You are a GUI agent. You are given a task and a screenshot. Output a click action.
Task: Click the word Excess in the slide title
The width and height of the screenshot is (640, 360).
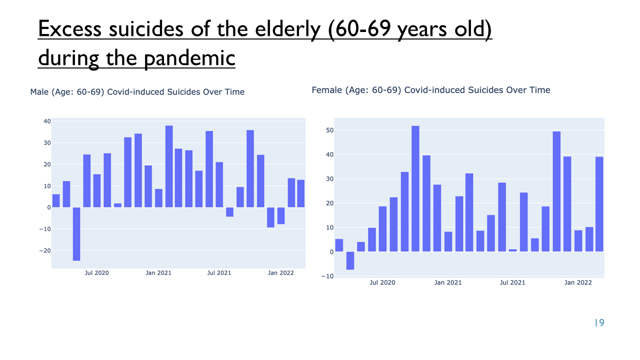pos(69,28)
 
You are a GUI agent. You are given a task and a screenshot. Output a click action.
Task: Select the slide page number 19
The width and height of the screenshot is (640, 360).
pos(599,323)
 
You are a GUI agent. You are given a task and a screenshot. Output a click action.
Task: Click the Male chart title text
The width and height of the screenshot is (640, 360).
pos(137,91)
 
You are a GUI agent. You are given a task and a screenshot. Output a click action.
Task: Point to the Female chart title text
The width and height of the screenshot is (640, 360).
pos(431,90)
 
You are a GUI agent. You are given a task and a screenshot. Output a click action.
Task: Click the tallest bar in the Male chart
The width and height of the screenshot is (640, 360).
pos(169,166)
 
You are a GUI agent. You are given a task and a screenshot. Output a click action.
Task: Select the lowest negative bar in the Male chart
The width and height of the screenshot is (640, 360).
pos(76,234)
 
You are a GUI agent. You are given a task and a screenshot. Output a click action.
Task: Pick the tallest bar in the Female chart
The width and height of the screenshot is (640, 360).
pos(415,188)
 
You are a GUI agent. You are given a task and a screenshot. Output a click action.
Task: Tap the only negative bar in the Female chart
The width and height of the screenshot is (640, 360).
pos(350,260)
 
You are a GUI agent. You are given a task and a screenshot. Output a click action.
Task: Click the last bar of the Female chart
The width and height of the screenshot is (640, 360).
pos(599,204)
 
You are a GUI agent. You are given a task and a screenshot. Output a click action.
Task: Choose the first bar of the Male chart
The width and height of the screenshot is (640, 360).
pos(56,201)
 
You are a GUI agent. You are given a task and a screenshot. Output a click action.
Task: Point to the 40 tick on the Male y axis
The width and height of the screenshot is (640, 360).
pos(47,121)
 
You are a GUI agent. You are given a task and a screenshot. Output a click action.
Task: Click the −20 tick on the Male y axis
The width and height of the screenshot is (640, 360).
pos(45,250)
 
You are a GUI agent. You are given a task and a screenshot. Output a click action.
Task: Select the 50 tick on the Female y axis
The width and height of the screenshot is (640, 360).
pos(329,130)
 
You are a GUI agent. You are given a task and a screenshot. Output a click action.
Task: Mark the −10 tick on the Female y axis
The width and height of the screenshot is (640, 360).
pos(327,276)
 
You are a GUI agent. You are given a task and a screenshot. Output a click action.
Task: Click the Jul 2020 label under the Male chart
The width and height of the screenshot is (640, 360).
pos(96,273)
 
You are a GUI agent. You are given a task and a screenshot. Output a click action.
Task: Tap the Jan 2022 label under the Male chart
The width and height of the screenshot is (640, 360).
pos(280,273)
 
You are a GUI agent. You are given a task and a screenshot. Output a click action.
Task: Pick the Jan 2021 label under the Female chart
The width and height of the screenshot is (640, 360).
pos(447,282)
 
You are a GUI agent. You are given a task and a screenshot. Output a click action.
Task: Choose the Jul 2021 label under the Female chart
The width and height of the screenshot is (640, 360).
pos(512,282)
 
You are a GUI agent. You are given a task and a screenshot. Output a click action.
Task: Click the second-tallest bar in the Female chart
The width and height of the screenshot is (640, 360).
pos(556,191)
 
